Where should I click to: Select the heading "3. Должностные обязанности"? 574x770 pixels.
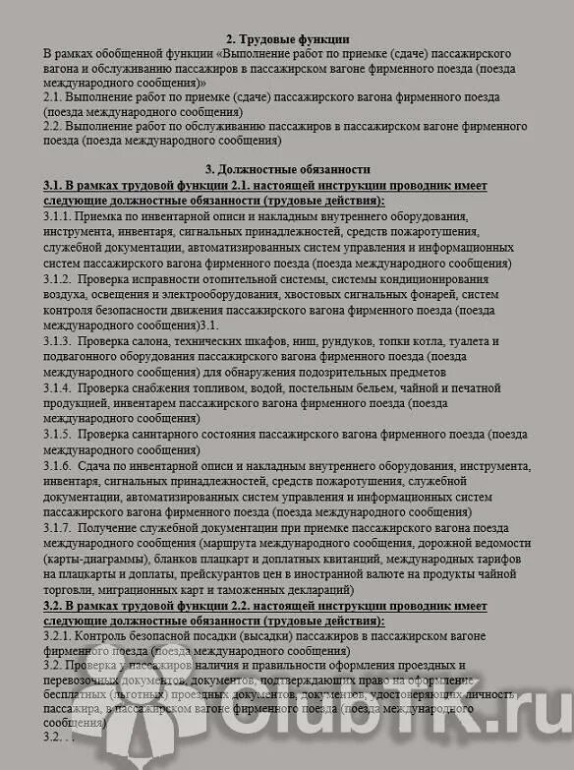(287, 169)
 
